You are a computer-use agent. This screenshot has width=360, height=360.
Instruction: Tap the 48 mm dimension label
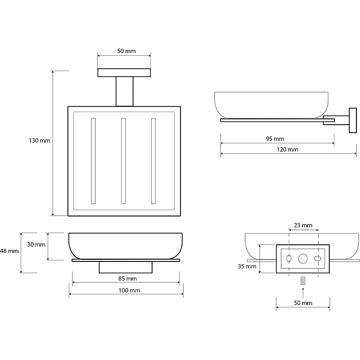(9, 251)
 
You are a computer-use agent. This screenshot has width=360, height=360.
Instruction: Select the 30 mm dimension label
(36, 245)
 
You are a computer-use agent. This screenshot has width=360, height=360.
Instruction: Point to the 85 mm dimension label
(126, 279)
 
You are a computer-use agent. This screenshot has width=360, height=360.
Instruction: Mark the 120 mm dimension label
(288, 149)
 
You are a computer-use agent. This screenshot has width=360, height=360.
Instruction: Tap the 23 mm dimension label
(303, 225)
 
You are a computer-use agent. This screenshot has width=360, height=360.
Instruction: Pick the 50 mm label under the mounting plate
(303, 303)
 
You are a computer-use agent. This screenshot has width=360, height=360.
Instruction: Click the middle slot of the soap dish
(123, 161)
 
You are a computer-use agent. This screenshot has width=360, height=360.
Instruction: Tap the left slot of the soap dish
(93, 161)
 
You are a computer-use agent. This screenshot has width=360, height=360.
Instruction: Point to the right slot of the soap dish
(153, 161)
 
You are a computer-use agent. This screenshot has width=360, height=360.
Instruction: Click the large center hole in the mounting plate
(303, 259)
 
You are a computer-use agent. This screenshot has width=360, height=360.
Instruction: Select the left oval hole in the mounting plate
(289, 258)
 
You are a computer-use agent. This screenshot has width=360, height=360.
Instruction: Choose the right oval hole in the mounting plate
(317, 259)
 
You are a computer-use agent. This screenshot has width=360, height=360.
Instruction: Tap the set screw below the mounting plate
(303, 281)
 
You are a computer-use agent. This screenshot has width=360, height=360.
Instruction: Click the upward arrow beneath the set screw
(303, 292)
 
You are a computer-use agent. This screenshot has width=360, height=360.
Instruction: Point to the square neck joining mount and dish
(125, 92)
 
